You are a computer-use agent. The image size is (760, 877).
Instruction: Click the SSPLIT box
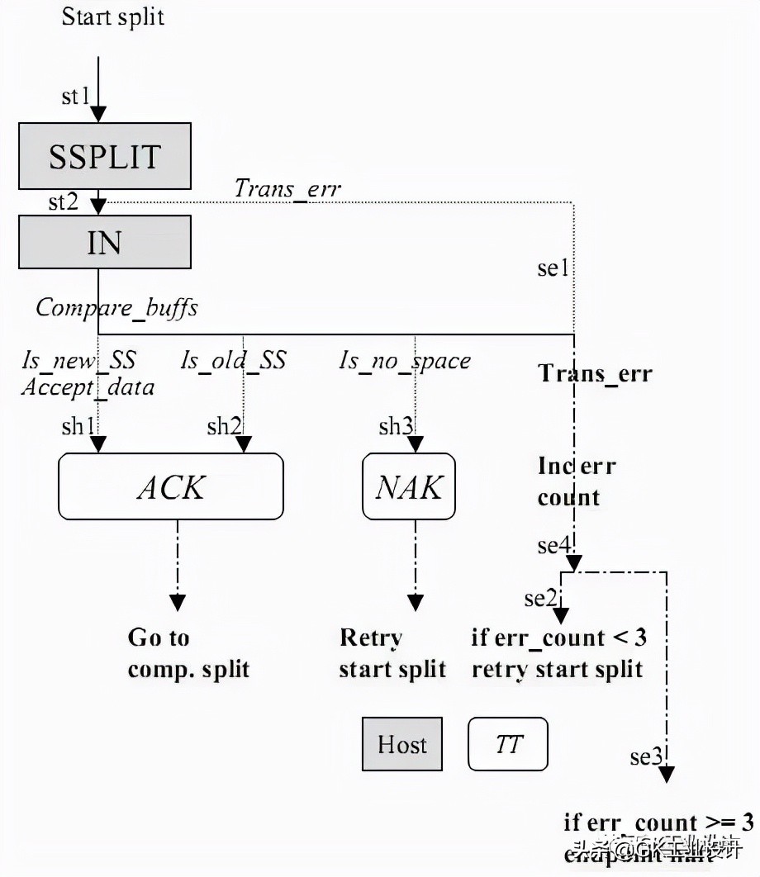pyautogui.click(x=105, y=156)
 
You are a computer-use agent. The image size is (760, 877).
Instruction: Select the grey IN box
pyautogui.click(x=105, y=242)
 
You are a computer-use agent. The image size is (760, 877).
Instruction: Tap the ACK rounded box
pyautogui.click(x=170, y=486)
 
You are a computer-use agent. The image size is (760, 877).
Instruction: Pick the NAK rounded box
pyautogui.click(x=409, y=486)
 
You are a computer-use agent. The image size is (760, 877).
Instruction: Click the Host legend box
pyautogui.click(x=402, y=744)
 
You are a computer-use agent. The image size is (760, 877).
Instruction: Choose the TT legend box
pyautogui.click(x=508, y=744)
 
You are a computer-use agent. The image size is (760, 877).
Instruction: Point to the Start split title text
pyautogui.click(x=113, y=17)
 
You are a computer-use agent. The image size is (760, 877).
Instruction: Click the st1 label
pyautogui.click(x=75, y=97)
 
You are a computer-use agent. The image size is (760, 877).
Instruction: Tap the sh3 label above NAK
pyautogui.click(x=396, y=426)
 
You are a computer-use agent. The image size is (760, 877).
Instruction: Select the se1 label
pyautogui.click(x=553, y=268)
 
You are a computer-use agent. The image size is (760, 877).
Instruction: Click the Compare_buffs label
pyautogui.click(x=116, y=308)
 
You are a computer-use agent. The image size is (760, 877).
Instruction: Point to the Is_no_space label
pyautogui.click(x=405, y=360)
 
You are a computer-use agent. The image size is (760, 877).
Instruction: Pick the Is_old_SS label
pyautogui.click(x=233, y=360)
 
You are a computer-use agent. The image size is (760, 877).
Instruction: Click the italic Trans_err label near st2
pyautogui.click(x=287, y=188)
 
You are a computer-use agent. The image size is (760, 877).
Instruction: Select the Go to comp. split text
pyautogui.click(x=188, y=652)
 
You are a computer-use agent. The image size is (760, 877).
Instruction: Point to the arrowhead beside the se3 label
pyautogui.click(x=667, y=774)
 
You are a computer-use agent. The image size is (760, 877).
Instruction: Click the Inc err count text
pyautogui.click(x=576, y=481)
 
